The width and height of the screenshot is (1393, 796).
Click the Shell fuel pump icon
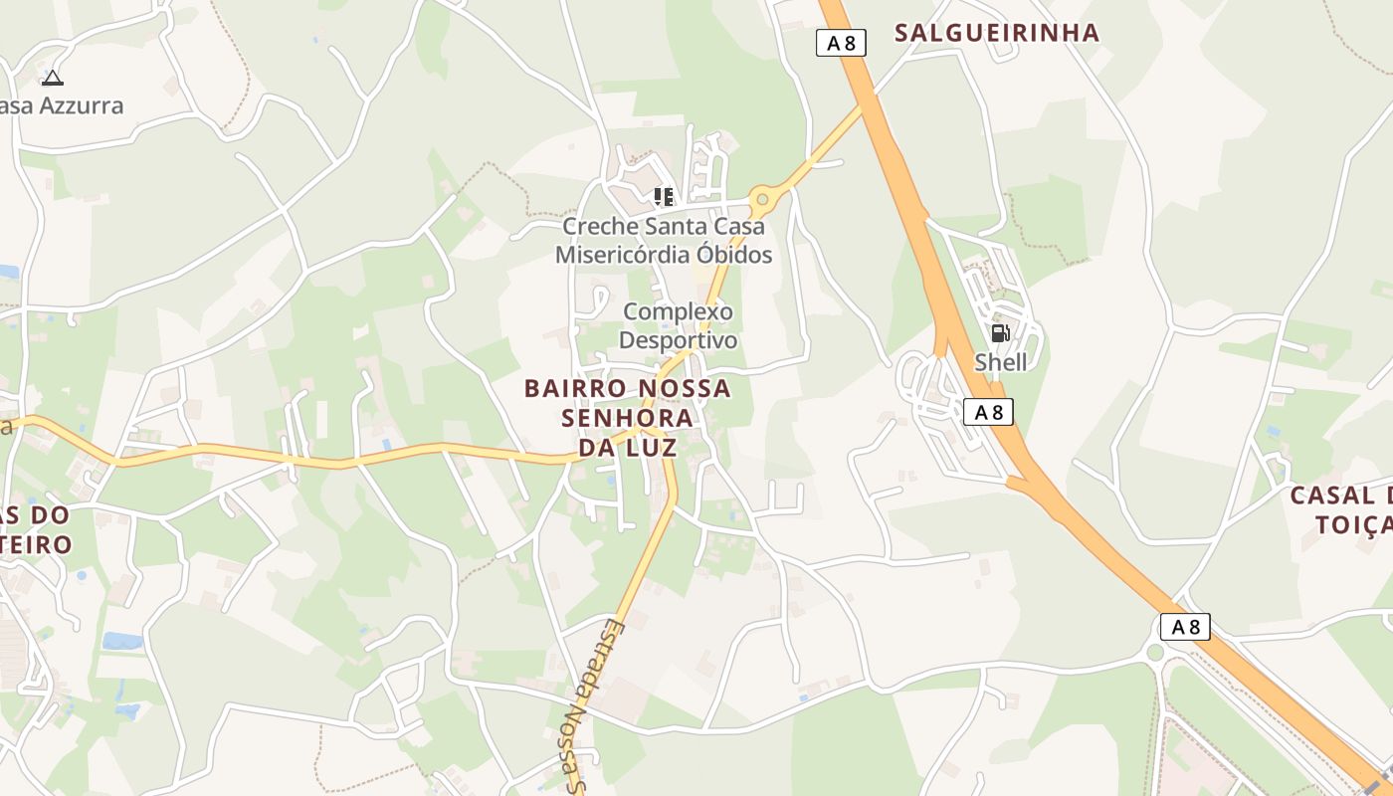point(1000,333)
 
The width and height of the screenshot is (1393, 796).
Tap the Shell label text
point(1000,362)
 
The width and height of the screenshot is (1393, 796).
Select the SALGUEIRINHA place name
point(997,33)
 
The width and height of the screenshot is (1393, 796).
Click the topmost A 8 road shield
point(841,43)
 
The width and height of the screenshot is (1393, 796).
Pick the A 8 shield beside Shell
point(988,412)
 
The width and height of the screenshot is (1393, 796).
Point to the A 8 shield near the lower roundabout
point(1185,627)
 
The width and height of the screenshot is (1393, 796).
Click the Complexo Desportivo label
point(679,326)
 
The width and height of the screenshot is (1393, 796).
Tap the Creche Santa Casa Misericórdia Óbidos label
point(664,240)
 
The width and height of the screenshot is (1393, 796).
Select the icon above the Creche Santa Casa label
point(664,196)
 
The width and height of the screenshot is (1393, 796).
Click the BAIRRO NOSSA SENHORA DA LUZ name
point(628,418)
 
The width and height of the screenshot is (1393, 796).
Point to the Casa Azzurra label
point(62,105)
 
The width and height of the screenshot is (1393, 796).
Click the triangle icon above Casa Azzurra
point(52,78)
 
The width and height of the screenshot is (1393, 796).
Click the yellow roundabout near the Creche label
point(762,199)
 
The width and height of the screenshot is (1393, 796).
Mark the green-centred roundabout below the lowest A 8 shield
point(1154,654)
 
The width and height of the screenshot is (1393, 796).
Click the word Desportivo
point(679,340)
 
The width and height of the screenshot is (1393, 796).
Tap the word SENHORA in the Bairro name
point(628,418)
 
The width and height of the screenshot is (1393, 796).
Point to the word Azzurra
point(82,105)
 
